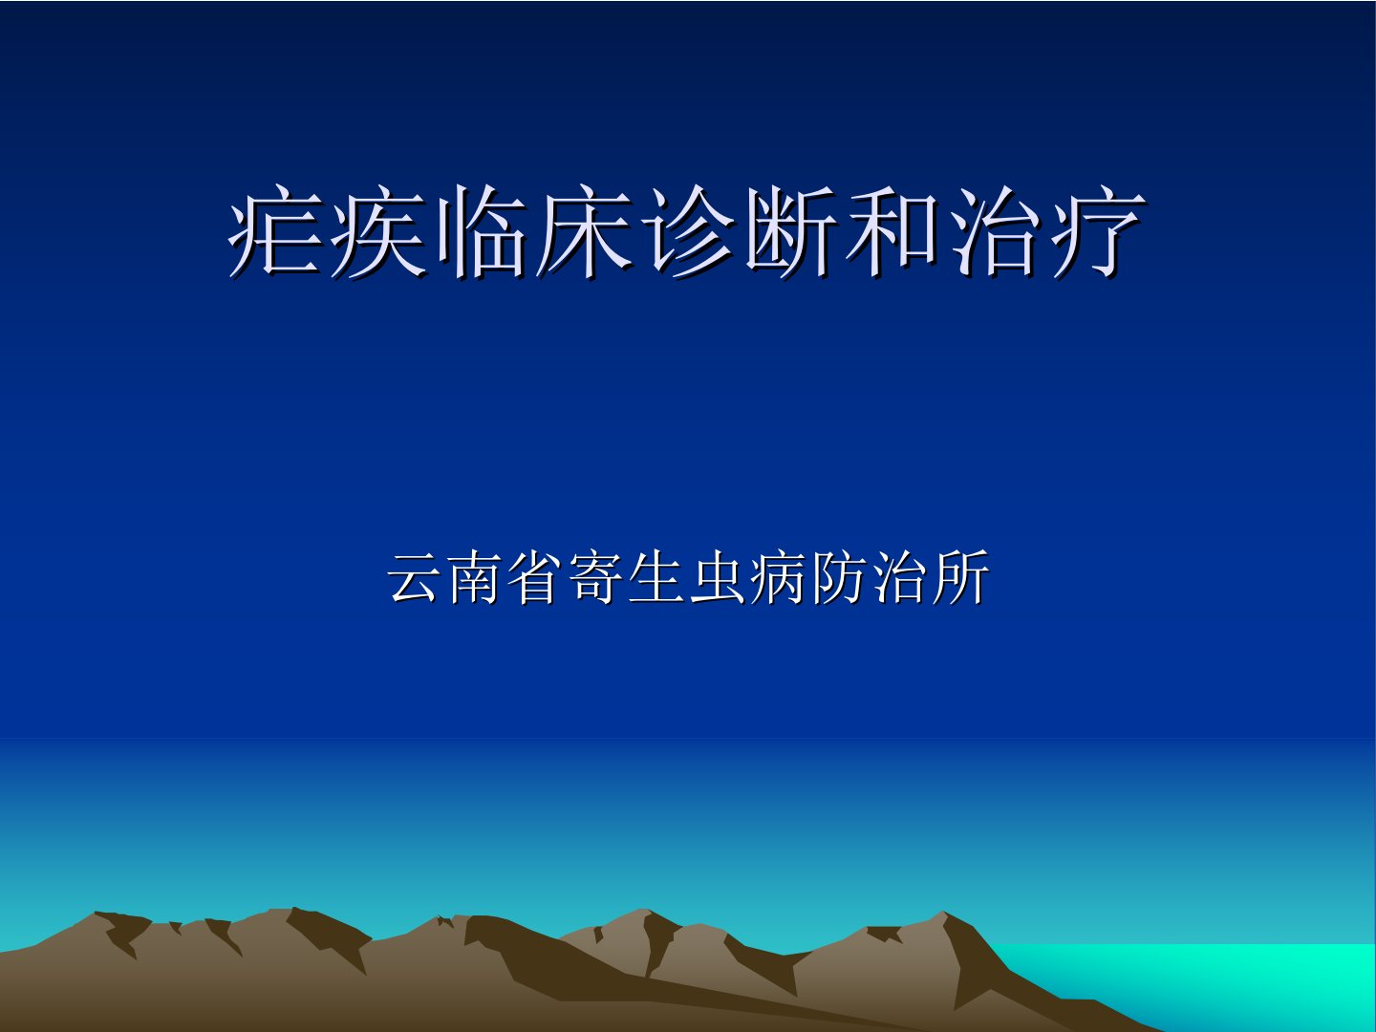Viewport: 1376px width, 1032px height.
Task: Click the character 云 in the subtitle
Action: click(413, 577)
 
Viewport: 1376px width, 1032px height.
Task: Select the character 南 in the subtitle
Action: click(473, 577)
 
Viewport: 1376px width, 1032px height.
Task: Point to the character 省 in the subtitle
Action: click(533, 577)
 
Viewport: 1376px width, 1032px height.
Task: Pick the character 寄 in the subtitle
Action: click(594, 577)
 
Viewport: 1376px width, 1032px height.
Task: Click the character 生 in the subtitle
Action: click(656, 577)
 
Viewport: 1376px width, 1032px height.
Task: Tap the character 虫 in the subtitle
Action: click(716, 577)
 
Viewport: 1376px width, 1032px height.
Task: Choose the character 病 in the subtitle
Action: click(777, 577)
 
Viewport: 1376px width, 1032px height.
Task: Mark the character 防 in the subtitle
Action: click(837, 577)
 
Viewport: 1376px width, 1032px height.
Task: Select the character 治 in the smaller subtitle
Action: click(898, 577)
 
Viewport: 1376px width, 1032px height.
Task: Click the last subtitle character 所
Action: click(959, 577)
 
